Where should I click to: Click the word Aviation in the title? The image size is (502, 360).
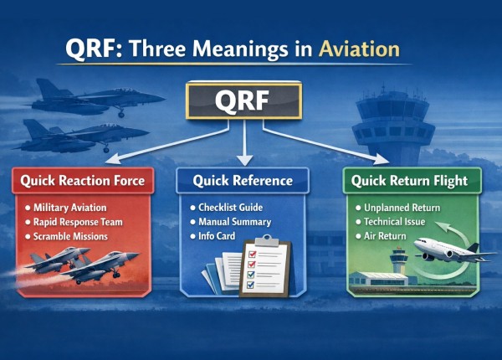point(359,49)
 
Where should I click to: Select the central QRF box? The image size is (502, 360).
point(243,101)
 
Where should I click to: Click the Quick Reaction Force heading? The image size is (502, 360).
point(82,180)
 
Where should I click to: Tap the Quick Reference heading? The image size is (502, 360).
point(242,180)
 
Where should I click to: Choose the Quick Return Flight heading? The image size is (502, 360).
point(404,180)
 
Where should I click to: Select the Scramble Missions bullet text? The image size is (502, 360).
point(76,236)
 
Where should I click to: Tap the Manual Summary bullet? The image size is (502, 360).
point(234,222)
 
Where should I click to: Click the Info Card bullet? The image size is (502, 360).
point(220,236)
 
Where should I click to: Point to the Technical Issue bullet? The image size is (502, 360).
point(396,222)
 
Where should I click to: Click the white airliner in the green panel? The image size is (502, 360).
point(443,251)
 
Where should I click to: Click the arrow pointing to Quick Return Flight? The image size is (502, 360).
point(335,142)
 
